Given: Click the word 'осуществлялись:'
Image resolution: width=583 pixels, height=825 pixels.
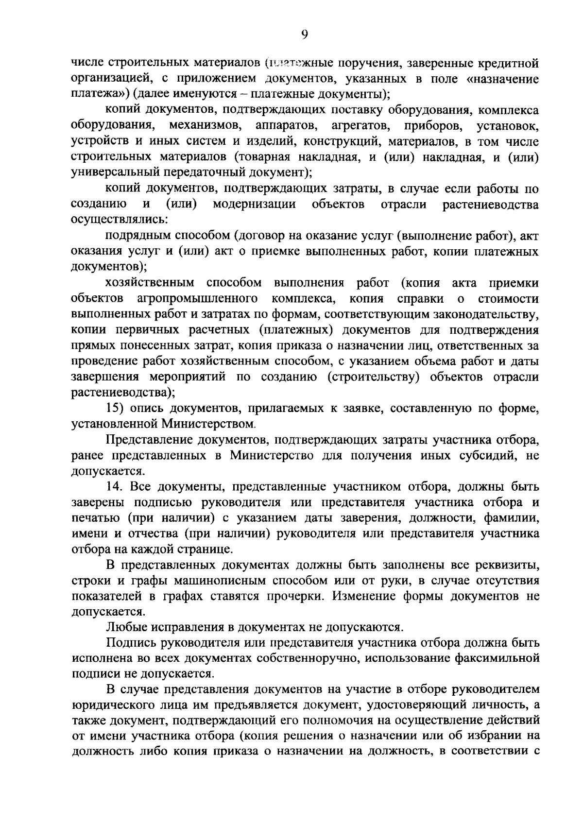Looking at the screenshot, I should (x=120, y=220).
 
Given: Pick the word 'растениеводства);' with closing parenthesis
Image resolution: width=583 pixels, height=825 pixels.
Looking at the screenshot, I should (x=123, y=393).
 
